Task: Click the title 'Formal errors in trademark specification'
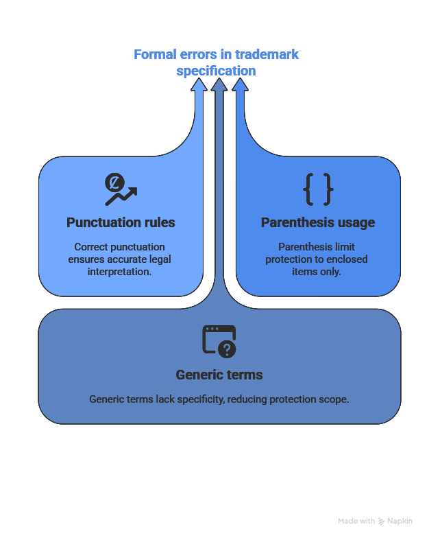pyautogui.click(x=217, y=62)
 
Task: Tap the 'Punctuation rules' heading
pyautogui.click(x=121, y=222)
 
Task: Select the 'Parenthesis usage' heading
pyautogui.click(x=318, y=222)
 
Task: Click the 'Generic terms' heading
pyautogui.click(x=219, y=375)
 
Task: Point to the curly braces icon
pyautogui.click(x=318, y=189)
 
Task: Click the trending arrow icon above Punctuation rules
pyautogui.click(x=120, y=189)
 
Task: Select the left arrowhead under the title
pyautogui.click(x=199, y=84)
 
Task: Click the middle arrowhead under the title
pyautogui.click(x=219, y=84)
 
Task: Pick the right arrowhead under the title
pyautogui.click(x=240, y=84)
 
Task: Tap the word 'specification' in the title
pyautogui.click(x=217, y=71)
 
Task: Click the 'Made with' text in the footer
pyautogui.click(x=356, y=521)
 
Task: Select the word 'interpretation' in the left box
pyautogui.click(x=120, y=271)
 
